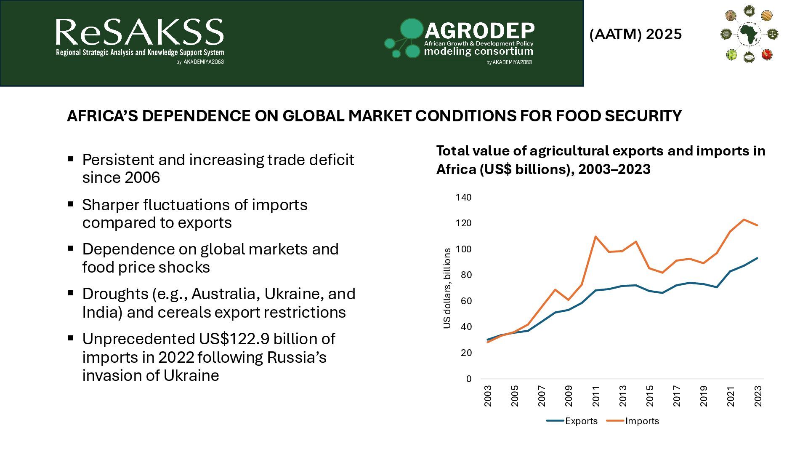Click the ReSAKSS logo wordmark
[x=139, y=32]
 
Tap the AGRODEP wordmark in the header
[x=479, y=30]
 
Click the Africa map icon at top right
[x=749, y=34]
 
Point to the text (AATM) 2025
[x=635, y=34]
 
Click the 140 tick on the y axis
[x=463, y=197]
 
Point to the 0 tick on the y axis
[x=469, y=379]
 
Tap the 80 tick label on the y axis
[x=466, y=275]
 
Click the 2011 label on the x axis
[x=595, y=396]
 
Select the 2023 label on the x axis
[x=758, y=396]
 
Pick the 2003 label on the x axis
[x=488, y=396]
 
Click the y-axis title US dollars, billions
[x=447, y=288]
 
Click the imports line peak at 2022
[x=744, y=219]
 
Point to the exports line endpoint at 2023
[x=757, y=258]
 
